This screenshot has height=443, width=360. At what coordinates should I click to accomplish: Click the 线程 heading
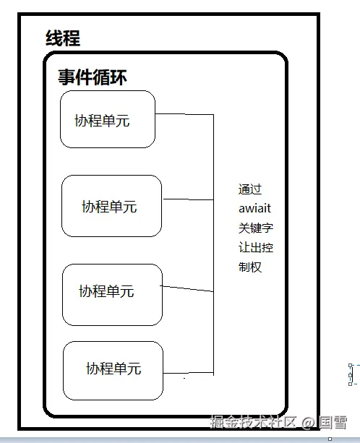63,38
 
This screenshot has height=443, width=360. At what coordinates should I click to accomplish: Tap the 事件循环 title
93,77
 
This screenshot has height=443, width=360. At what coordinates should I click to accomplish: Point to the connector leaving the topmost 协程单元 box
184,114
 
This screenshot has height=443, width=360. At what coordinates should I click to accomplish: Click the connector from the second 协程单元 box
188,199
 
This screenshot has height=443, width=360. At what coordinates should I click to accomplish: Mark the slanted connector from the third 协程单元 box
187,289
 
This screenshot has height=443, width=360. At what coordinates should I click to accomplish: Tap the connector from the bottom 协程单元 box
188,373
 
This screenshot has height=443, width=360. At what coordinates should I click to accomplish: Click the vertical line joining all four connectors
213,245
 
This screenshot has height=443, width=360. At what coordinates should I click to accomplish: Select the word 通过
250,189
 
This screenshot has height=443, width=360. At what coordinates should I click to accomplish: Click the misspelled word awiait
255,209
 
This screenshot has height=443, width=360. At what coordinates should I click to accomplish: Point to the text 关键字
256,228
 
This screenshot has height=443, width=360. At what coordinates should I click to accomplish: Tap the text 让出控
256,247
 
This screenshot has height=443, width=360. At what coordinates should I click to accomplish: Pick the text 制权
250,267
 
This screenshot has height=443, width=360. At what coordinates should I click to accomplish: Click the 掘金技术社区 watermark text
253,422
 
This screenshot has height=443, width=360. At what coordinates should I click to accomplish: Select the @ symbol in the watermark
308,423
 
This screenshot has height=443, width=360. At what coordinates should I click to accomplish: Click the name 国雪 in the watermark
333,423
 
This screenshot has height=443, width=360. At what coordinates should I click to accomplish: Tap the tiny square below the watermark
330,439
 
